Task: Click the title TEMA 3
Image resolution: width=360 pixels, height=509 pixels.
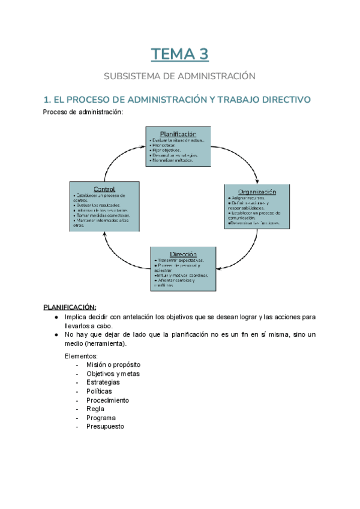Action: [x=179, y=55]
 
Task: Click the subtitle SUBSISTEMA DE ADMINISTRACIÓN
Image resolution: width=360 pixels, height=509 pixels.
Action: [x=179, y=76]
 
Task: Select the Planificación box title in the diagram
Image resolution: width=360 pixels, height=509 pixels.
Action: [x=178, y=133]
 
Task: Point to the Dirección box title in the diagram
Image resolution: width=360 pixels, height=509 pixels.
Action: [x=183, y=254]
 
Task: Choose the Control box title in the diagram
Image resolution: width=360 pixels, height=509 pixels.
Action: [x=104, y=189]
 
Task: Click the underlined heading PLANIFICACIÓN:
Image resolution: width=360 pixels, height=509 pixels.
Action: [x=70, y=307]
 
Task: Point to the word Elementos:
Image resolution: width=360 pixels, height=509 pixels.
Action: [x=81, y=356]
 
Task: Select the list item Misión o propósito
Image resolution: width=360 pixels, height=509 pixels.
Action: [x=113, y=365]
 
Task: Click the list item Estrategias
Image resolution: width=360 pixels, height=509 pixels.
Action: [x=103, y=382]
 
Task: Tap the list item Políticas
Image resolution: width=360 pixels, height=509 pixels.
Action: [x=99, y=391]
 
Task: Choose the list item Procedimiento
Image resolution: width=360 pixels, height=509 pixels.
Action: [x=107, y=400]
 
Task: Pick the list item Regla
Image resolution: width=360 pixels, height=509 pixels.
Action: [x=95, y=409]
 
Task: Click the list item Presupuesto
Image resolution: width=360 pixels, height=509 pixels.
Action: [x=105, y=427]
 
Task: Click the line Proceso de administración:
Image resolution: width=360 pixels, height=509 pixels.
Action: [x=83, y=112]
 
